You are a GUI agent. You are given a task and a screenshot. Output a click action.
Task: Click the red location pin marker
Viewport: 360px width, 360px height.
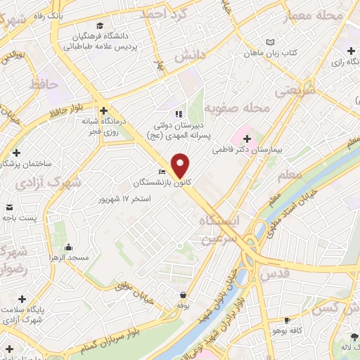[181, 165]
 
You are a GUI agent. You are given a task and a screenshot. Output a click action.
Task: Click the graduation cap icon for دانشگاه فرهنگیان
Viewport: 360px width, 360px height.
[101, 26]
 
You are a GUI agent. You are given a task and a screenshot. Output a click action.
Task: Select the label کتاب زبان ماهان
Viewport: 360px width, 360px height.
[272, 53]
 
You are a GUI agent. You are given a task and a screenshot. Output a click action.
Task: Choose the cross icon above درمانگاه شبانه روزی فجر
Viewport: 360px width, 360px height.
[103, 110]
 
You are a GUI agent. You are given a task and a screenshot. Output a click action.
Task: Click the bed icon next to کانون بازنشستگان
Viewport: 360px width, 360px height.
[163, 172]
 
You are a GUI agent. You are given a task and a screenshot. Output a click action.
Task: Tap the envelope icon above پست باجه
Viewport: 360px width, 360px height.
[10, 207]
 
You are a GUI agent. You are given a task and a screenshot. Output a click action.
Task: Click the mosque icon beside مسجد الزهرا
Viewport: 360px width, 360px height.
[68, 247]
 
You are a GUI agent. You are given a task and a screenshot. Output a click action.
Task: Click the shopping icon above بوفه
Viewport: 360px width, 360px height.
[184, 295]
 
